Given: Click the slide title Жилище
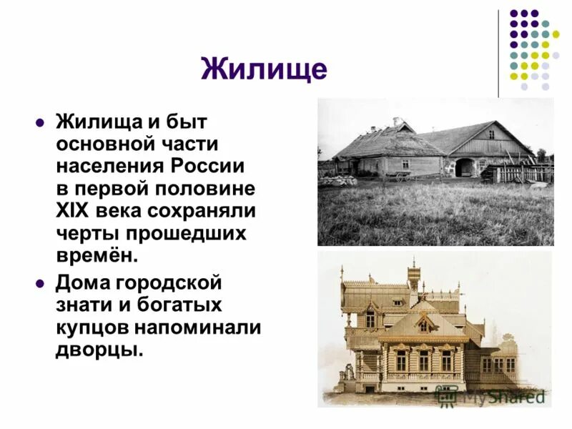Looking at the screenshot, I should (x=264, y=69).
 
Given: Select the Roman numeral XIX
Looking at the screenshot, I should (x=75, y=212).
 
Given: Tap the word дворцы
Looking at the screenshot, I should (x=99, y=350).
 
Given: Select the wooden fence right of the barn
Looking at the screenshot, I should (x=526, y=173).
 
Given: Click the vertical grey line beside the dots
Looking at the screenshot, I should (x=498, y=54).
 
